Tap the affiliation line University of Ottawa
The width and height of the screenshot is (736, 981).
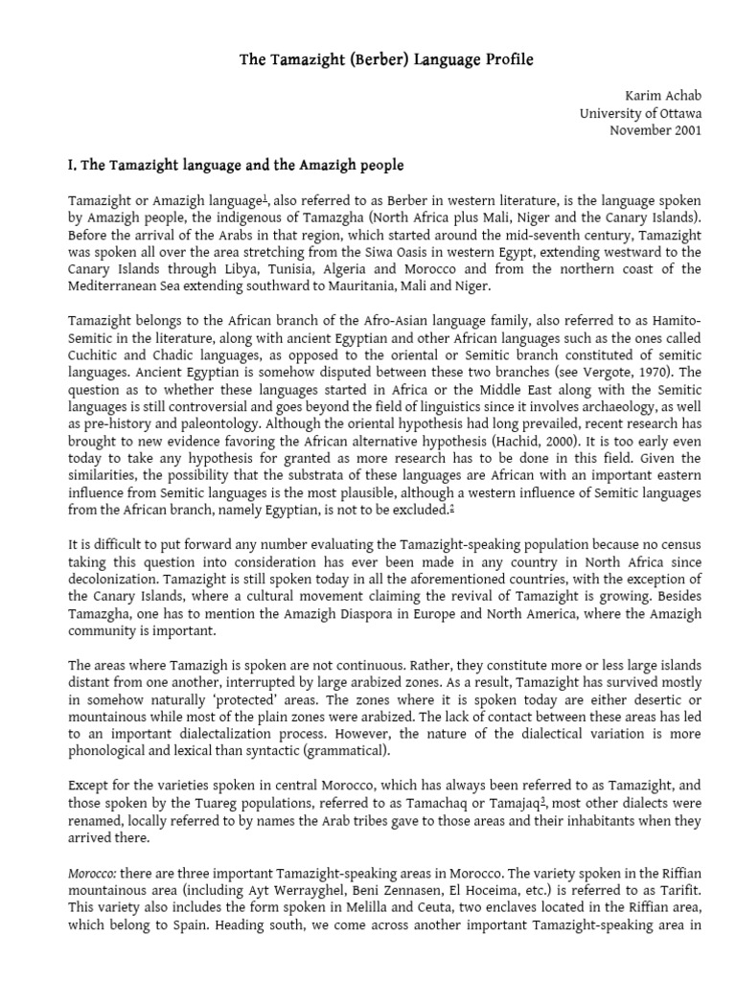point(640,113)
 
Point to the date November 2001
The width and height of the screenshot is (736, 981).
point(655,129)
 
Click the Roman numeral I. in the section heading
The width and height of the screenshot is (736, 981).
point(72,165)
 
